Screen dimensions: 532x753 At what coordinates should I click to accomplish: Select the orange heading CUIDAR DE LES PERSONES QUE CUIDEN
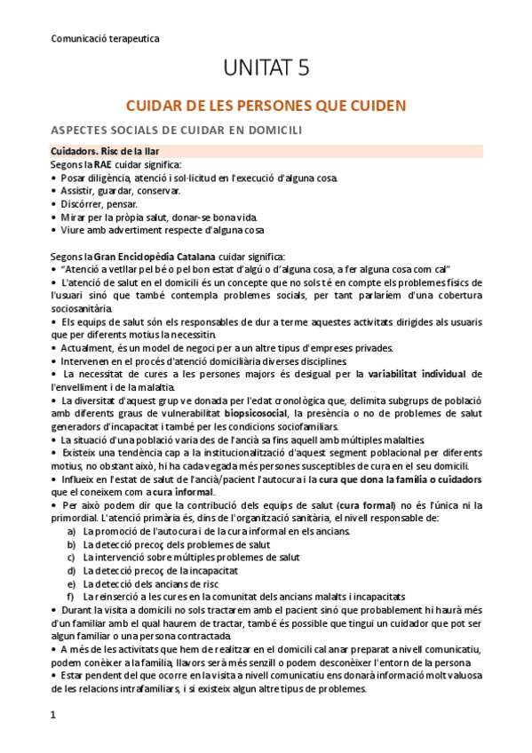266,106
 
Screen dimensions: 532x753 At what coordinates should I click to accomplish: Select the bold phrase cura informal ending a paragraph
181,493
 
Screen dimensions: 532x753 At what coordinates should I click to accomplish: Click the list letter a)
71,531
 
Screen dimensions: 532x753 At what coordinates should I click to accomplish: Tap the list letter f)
71,597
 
